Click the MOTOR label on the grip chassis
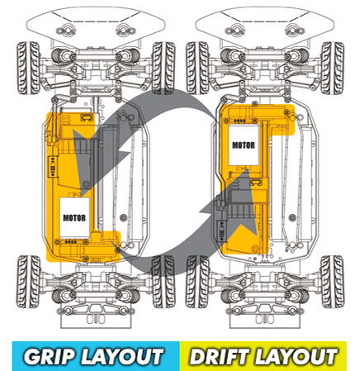pyautogui.click(x=74, y=218)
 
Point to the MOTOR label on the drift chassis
pyautogui.click(x=244, y=145)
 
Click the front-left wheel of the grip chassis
pyautogui.click(x=29, y=68)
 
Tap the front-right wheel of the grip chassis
pyautogui.click(x=163, y=68)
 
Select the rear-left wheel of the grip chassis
pyautogui.click(x=29, y=282)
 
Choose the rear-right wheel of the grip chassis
pyautogui.click(x=163, y=282)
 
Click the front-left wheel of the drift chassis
pyautogui.click(x=197, y=68)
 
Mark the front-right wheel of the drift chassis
pyautogui.click(x=333, y=68)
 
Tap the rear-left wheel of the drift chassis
pyautogui.click(x=197, y=282)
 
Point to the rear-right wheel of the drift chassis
pyautogui.click(x=333, y=282)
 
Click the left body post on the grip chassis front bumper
pyautogui.click(x=66, y=30)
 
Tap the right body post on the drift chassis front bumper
pyautogui.click(x=293, y=30)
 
